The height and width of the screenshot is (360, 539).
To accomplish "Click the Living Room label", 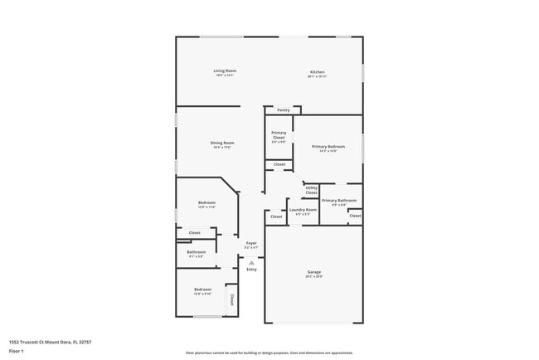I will click(225, 71).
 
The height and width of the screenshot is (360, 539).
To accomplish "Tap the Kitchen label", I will click(317, 72).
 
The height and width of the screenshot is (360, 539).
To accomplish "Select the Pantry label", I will click(283, 109).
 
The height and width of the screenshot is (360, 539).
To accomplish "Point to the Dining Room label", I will click(222, 143).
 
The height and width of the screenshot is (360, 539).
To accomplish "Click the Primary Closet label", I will click(279, 134).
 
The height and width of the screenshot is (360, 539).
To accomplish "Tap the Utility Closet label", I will click(311, 190).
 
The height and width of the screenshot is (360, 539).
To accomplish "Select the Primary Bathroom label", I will click(338, 200).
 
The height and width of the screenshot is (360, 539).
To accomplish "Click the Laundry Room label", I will click(303, 210).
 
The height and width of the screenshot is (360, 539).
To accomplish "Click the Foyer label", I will click(251, 243).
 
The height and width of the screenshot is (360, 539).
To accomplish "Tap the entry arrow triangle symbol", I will click(251, 261).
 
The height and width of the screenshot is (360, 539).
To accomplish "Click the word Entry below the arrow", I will click(251, 269).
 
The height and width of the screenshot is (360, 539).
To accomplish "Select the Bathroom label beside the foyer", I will click(197, 252).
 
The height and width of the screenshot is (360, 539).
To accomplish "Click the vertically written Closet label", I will click(231, 299).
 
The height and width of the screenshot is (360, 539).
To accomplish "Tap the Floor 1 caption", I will click(17, 351).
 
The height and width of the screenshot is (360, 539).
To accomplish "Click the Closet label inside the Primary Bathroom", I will click(354, 216).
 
